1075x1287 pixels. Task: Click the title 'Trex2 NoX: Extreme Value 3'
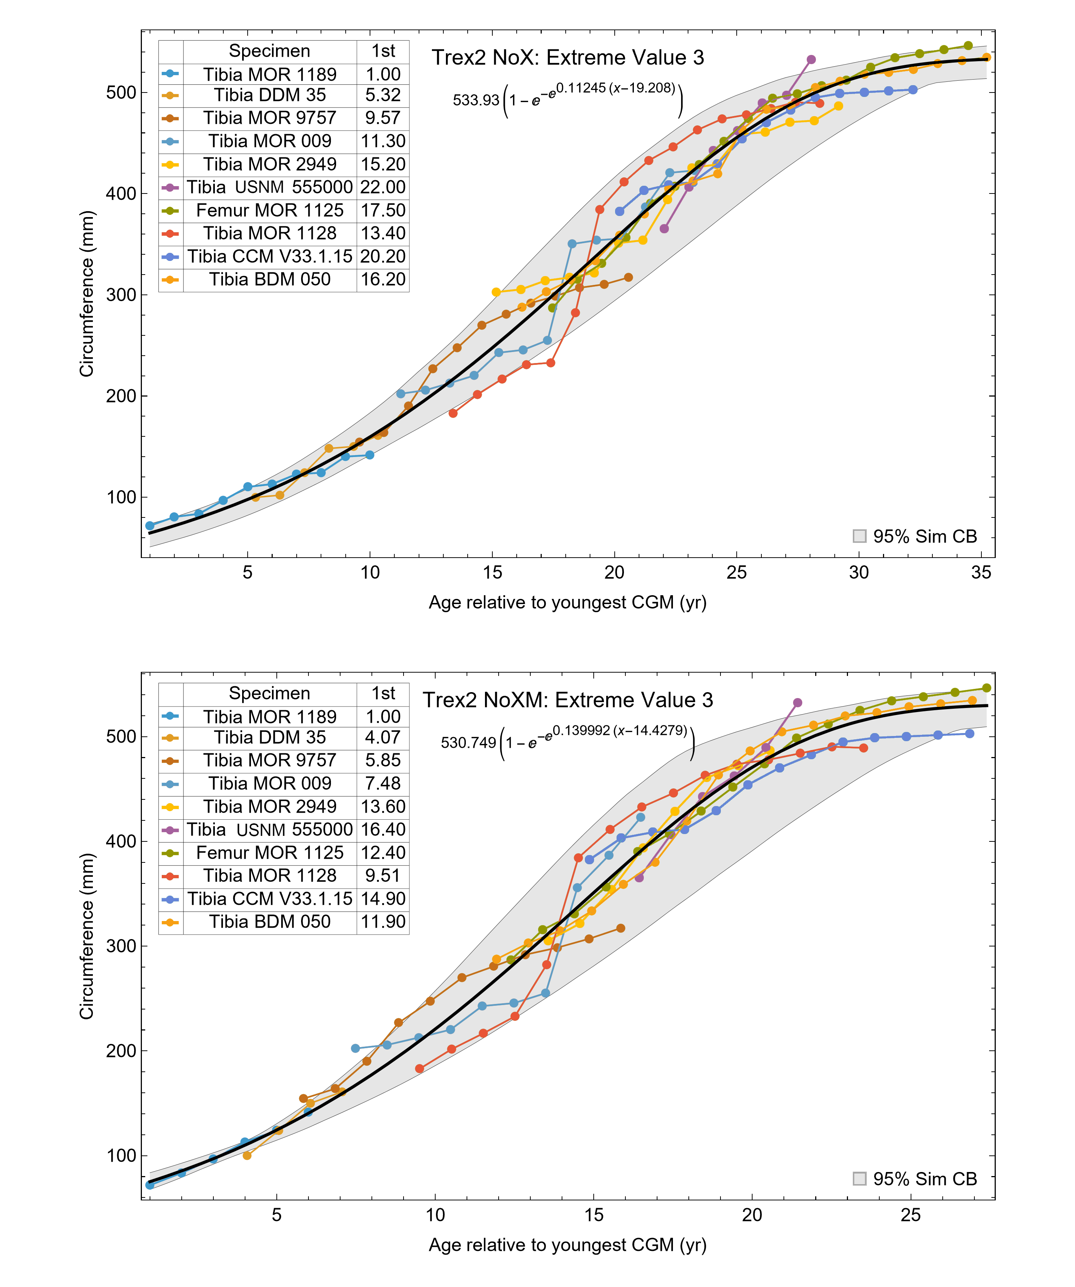[x=568, y=57]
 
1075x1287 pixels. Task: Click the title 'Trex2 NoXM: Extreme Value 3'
[x=568, y=700]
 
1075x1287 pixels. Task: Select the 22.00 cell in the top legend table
[x=383, y=187]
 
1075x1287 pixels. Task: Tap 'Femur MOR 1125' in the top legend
[x=270, y=210]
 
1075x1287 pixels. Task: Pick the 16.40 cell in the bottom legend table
[x=383, y=829]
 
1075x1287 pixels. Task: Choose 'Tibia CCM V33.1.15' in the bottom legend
[x=270, y=899]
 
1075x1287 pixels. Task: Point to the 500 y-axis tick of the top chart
[x=121, y=93]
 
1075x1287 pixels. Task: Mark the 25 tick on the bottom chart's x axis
[x=911, y=1215]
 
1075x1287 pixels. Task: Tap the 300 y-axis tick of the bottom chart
[x=121, y=946]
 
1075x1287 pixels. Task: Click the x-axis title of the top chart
[x=568, y=603]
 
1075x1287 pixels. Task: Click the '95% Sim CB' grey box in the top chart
[x=859, y=536]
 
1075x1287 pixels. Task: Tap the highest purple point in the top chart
[x=811, y=59]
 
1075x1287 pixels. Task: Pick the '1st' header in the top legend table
[x=383, y=51]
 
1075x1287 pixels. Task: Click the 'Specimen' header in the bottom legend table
[x=270, y=693]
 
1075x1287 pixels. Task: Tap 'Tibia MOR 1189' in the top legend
[x=270, y=74]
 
